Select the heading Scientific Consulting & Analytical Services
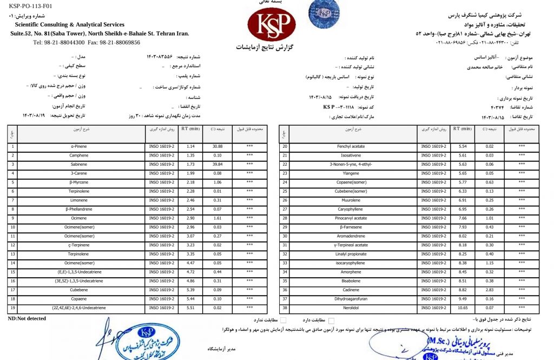[x=70, y=24]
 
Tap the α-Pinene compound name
[x=80, y=147]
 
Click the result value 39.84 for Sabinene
[x=218, y=163]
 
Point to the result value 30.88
[x=218, y=147]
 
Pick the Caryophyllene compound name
[x=353, y=209]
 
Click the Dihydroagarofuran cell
[x=353, y=299]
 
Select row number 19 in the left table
[x=12, y=307]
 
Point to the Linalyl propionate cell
[x=353, y=254]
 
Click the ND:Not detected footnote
[x=27, y=318]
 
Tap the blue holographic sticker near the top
[x=324, y=14]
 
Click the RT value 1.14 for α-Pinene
[x=190, y=147]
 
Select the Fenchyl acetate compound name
[x=353, y=147]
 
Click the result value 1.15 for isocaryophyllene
[x=490, y=263]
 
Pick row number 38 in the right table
[x=284, y=307]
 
